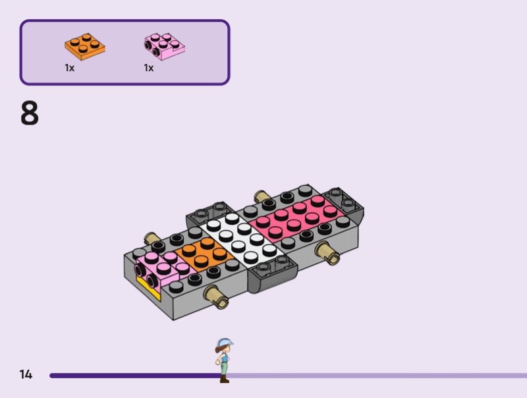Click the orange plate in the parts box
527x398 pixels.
(85, 47)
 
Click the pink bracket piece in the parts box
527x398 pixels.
(164, 47)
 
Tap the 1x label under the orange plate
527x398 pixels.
(70, 68)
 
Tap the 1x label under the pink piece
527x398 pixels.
(149, 68)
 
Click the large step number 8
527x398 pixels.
(30, 113)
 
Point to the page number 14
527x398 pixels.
(26, 374)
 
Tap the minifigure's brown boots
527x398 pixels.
(224, 379)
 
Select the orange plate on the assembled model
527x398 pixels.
(204, 254)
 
